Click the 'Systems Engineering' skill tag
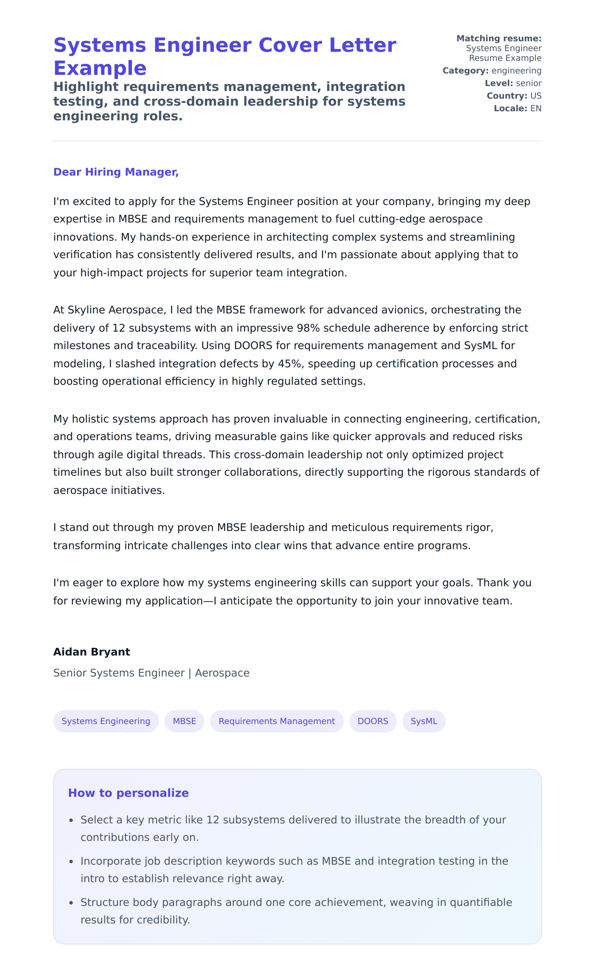point(106,721)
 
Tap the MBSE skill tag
point(184,721)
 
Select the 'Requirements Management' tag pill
point(276,721)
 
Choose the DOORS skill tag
point(372,721)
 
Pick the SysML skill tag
point(424,721)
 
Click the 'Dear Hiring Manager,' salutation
point(116,172)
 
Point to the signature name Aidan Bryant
point(92,652)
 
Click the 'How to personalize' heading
point(128,793)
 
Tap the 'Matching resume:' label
point(498,38)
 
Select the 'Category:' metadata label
point(465,71)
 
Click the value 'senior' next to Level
point(528,83)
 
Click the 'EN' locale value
point(535,108)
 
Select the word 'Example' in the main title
point(100,68)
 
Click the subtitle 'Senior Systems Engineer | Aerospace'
point(151,673)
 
